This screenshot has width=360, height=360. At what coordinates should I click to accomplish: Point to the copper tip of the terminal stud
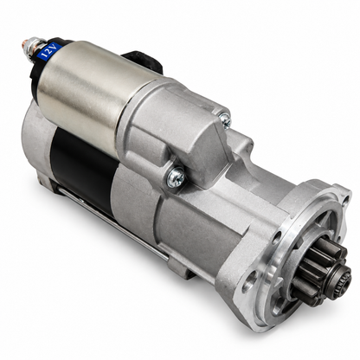[24, 45]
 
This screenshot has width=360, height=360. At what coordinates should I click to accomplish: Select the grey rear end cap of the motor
[36, 141]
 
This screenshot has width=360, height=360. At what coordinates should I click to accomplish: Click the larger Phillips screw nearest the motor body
[177, 177]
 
